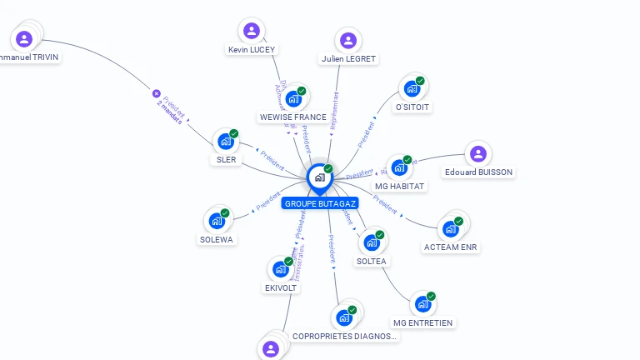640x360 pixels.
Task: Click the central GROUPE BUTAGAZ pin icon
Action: pyautogui.click(x=319, y=177)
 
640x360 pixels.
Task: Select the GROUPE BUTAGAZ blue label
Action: pyautogui.click(x=321, y=203)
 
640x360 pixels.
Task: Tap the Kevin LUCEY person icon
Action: pyautogui.click(x=252, y=32)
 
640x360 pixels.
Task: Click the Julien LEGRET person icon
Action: pyautogui.click(x=348, y=40)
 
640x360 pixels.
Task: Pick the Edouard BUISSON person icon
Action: pyautogui.click(x=477, y=153)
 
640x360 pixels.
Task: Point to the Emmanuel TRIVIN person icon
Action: pyautogui.click(x=24, y=38)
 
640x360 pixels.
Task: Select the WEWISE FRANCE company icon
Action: pyautogui.click(x=292, y=99)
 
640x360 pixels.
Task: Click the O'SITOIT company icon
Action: pyautogui.click(x=412, y=88)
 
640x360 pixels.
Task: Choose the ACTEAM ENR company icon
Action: pyautogui.click(x=451, y=228)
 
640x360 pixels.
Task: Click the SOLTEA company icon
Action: pyautogui.click(x=371, y=242)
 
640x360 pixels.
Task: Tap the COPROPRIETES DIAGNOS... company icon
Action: pyautogui.click(x=343, y=317)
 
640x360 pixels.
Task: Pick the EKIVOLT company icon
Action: pyautogui.click(x=280, y=269)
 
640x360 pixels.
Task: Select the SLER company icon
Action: pyautogui.click(x=225, y=142)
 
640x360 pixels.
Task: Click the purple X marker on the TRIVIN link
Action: pyautogui.click(x=156, y=94)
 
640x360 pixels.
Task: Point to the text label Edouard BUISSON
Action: pyautogui.click(x=479, y=172)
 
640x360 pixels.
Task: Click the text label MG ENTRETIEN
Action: pyautogui.click(x=424, y=322)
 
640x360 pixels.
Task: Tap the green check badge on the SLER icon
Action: pyautogui.click(x=234, y=133)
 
